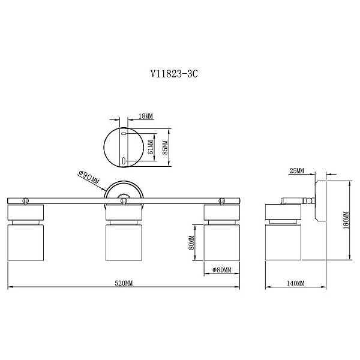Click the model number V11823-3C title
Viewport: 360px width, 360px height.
point(174,74)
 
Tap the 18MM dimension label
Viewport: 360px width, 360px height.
point(146,116)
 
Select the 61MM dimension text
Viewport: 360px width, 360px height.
point(151,147)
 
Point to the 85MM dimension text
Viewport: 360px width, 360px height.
point(165,147)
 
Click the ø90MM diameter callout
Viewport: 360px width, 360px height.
point(88,178)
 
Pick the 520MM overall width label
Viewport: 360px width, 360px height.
point(124,283)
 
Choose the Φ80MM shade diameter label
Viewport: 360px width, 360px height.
point(222,270)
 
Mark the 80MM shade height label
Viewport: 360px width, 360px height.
point(191,242)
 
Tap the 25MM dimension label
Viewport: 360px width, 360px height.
point(296,170)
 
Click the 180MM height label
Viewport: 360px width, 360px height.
point(346,220)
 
